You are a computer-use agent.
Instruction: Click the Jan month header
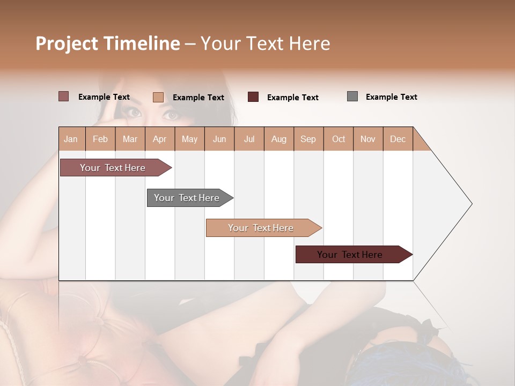click(x=71, y=139)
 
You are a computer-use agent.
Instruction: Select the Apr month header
click(x=159, y=139)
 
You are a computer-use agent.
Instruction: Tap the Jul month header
click(x=249, y=139)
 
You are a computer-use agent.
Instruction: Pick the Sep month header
click(x=308, y=139)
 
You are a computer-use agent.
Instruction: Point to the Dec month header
click(x=398, y=139)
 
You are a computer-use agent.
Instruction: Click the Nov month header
click(x=367, y=139)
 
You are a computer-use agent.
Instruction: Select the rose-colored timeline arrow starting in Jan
click(x=113, y=168)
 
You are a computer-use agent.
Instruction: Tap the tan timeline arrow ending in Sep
click(x=261, y=228)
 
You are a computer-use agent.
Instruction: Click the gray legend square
click(x=352, y=96)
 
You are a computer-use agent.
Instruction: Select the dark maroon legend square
click(x=253, y=97)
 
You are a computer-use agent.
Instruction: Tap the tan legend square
click(x=158, y=97)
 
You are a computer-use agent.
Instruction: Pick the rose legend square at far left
click(x=64, y=96)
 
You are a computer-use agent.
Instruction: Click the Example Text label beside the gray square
click(x=391, y=97)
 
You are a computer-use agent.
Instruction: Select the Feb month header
click(x=100, y=139)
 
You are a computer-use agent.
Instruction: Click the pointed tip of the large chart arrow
click(x=470, y=204)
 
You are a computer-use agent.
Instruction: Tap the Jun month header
click(x=219, y=139)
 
